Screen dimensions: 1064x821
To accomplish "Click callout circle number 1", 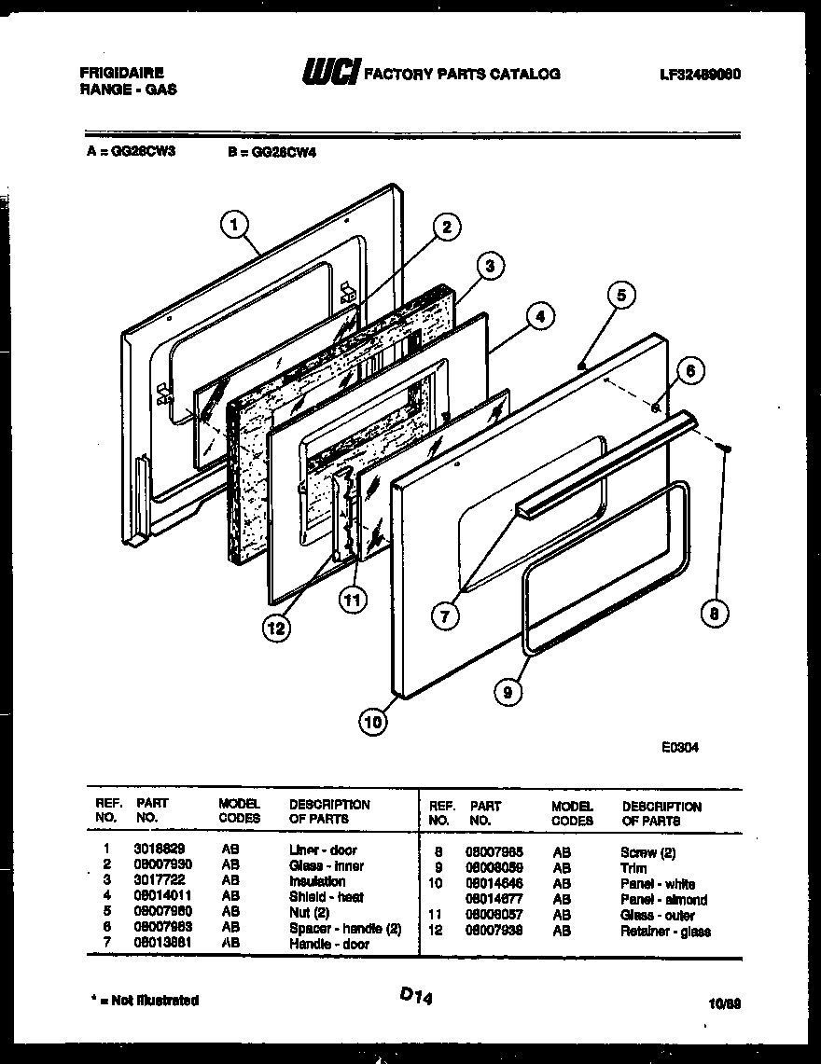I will (235, 224).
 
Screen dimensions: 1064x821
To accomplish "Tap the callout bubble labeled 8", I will (715, 613).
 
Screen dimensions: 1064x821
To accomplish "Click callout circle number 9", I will (508, 691).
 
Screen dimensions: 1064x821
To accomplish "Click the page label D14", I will (418, 996).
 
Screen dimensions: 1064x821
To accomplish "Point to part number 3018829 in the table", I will (154, 850).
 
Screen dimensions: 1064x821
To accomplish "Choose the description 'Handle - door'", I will (328, 945).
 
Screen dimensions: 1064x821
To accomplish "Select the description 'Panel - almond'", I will (663, 900).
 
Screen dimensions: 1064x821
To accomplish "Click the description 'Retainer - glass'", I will (664, 932).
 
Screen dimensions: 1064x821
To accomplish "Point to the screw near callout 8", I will (724, 449).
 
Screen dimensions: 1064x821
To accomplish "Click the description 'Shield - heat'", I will (326, 897).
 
